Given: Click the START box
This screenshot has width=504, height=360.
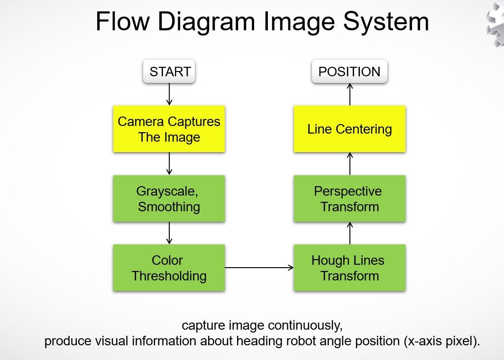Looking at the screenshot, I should pos(170,72).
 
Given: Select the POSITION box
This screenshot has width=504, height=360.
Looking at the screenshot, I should pos(349,72).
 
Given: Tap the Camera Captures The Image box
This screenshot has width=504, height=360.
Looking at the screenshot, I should pos(169,129).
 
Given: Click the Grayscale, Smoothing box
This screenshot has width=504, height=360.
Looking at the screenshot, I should pos(169,198).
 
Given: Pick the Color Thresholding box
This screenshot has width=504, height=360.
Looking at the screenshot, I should pos(169,268).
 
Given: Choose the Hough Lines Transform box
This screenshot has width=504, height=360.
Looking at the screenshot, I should pos(349,268).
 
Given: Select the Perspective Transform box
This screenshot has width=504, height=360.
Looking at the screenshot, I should pos(349,198).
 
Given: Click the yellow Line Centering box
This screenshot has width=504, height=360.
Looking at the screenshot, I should pos(349,129).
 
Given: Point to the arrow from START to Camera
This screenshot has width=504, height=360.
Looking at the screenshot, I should pos(169,95).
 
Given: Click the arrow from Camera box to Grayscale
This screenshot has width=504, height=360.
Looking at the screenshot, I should pos(169,164).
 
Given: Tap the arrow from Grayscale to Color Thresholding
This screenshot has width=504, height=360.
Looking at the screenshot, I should pos(169,233).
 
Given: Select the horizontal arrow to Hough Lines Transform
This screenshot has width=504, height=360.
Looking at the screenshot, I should pos(259,268).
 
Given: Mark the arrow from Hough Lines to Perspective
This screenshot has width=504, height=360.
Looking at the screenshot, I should pos(350,233).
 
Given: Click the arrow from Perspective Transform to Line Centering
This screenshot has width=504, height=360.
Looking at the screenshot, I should pos(350,164).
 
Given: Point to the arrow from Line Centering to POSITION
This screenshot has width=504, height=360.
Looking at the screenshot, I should pos(350,94).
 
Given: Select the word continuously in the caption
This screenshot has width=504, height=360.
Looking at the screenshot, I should pos(304,326).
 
